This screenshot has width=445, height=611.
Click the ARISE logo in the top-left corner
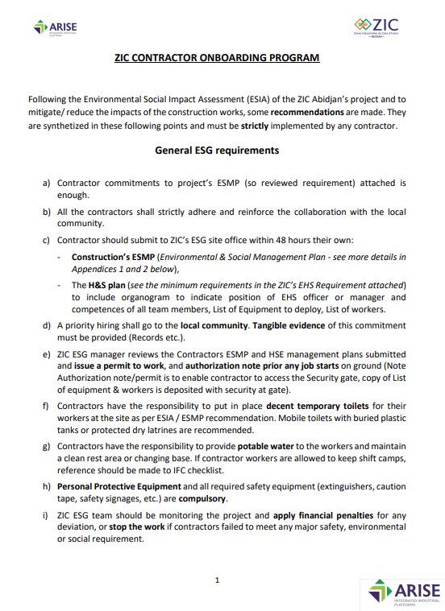tap(56, 28)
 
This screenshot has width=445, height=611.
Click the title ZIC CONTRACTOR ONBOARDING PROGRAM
tap(217, 58)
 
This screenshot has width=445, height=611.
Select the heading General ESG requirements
tap(217, 151)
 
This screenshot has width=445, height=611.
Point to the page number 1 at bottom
tap(217, 580)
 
